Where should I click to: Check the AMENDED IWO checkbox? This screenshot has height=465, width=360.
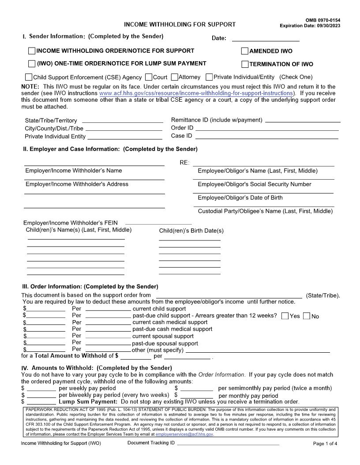[x=245, y=51]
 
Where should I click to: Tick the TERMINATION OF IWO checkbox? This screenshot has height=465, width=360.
[x=245, y=64]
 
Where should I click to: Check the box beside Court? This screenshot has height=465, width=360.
[x=149, y=77]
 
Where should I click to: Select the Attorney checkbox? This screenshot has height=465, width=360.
[x=175, y=77]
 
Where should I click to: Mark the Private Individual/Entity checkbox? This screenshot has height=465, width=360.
[x=210, y=77]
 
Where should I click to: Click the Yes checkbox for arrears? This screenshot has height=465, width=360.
[x=285, y=316]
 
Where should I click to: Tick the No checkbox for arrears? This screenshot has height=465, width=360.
[x=307, y=316]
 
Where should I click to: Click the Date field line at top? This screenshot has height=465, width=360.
[x=265, y=39]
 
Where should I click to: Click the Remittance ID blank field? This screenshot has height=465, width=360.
[x=303, y=121]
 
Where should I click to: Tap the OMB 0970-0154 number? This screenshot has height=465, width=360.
[x=323, y=20]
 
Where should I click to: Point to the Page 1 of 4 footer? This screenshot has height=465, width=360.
[x=325, y=443]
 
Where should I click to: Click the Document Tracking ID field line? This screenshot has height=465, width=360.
[x=228, y=444]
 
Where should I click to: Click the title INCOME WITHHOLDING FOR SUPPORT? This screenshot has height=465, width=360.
[x=180, y=25]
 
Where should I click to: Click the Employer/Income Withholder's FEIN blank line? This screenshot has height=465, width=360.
[x=158, y=223]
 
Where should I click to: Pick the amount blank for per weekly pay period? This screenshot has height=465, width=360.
[x=41, y=389]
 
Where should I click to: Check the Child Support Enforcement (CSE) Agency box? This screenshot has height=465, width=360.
[x=29, y=77]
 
